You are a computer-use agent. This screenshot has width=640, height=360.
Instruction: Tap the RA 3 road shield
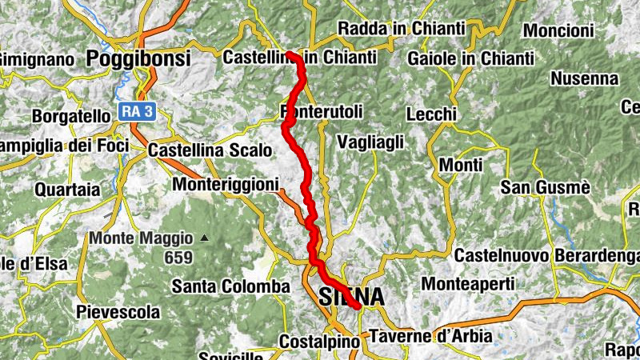tap(137, 111)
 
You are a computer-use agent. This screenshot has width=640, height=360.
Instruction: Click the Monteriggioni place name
tap(226, 184)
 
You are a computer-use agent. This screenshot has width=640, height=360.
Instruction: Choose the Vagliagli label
tap(370, 142)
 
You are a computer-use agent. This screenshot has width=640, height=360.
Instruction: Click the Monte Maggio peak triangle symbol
tap(205, 238)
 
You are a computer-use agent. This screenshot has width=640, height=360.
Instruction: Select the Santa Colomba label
tap(230, 286)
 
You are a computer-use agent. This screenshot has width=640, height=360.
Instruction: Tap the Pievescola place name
tap(118, 311)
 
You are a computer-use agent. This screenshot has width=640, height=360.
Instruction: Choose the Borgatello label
tap(70, 116)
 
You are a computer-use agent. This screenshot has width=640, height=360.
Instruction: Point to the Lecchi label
tap(431, 114)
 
